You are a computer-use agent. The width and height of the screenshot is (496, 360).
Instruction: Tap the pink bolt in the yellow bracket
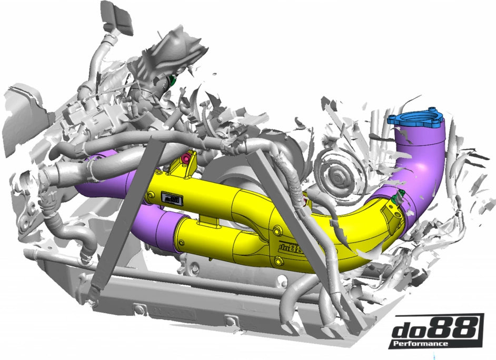tap(185, 158)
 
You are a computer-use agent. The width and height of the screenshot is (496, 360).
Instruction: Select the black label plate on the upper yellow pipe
tap(171, 198)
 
